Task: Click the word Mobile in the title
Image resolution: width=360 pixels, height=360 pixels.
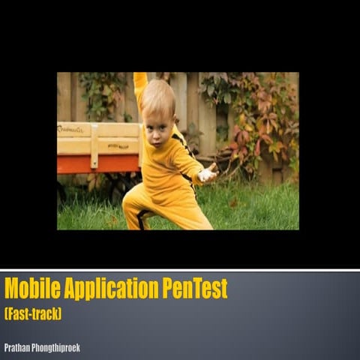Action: point(30,289)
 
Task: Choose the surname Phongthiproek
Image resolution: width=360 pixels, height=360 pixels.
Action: point(57,347)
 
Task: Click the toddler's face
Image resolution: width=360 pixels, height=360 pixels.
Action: point(157,120)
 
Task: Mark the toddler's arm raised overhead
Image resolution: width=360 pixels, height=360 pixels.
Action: point(140,84)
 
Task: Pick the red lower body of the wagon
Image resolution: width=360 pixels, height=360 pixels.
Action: point(97,163)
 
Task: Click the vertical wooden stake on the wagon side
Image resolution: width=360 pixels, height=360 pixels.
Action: point(94,145)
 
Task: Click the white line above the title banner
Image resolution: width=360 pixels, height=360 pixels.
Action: point(180,269)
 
